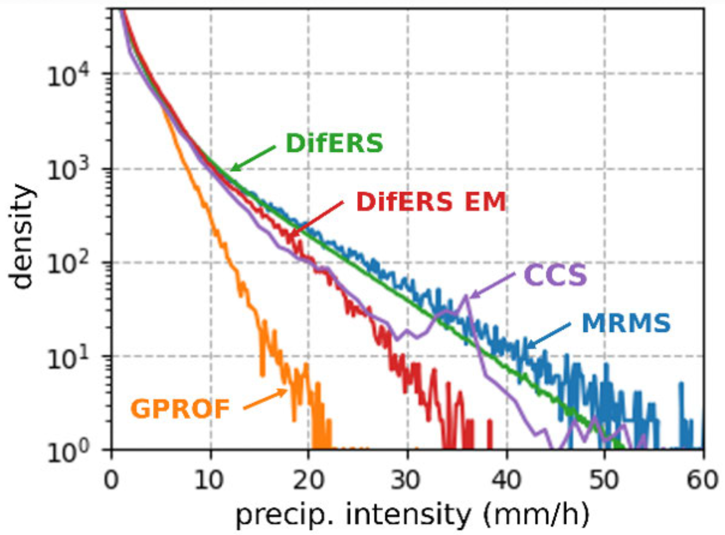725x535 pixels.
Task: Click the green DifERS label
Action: point(334,143)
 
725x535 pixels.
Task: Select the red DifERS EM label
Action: point(431,202)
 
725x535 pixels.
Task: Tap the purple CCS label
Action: point(555,275)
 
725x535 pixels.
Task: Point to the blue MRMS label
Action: point(626,323)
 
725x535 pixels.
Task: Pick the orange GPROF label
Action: point(180,409)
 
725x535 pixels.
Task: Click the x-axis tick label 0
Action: point(111,480)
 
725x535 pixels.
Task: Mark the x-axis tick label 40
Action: point(507,480)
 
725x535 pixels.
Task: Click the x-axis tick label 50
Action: point(605,480)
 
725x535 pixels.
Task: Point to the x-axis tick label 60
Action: point(703,480)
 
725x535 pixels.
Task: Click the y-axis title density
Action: point(22,236)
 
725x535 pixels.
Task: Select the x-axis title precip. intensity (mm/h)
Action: point(412,515)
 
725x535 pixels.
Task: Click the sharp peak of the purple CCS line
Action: point(466,296)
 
